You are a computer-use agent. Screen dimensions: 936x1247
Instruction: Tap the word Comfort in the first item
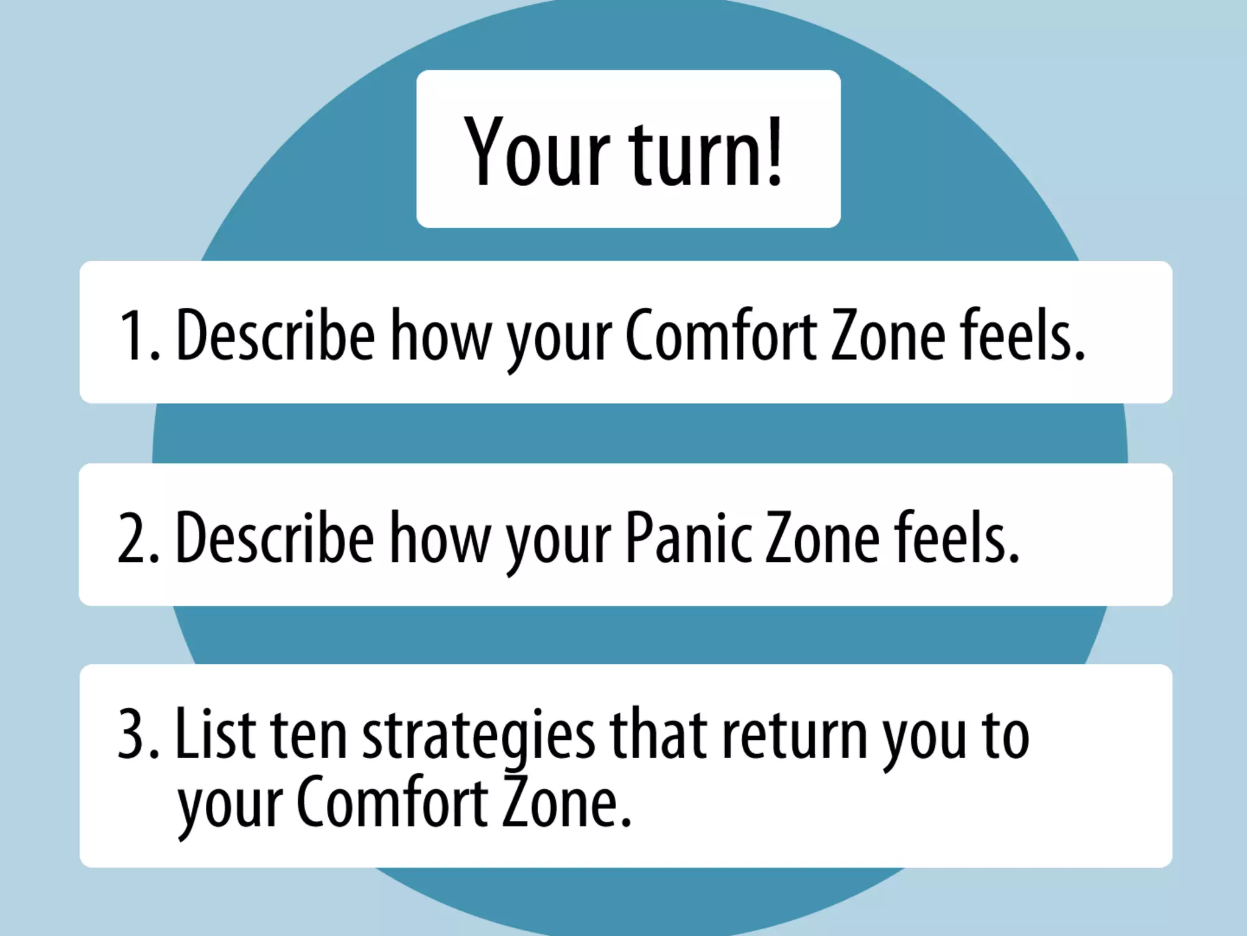tap(722, 336)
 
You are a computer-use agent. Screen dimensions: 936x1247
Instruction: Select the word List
tap(216, 734)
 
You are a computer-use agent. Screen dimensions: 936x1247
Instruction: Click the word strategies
tap(479, 737)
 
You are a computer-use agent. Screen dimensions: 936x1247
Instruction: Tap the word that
tap(658, 734)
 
